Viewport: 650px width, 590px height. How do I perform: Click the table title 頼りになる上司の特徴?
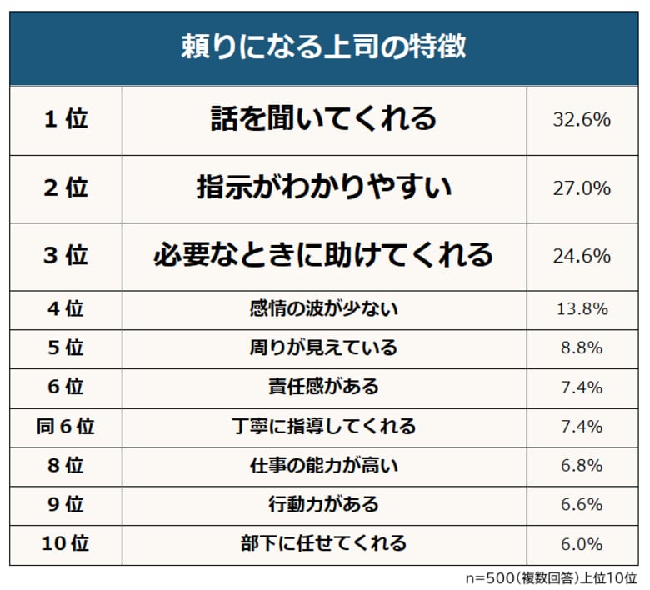(323, 47)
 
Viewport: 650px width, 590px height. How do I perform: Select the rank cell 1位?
(65, 120)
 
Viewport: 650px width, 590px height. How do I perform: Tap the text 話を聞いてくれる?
(323, 119)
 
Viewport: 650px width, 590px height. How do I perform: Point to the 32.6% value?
(582, 120)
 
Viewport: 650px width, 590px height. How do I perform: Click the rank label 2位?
(65, 187)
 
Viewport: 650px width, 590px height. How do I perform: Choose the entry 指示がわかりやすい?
(323, 187)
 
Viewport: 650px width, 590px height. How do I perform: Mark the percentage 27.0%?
(582, 187)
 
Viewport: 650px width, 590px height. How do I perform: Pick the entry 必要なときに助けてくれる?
(323, 254)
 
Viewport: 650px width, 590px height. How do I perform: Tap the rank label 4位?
(65, 308)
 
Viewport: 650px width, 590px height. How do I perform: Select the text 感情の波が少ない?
(323, 308)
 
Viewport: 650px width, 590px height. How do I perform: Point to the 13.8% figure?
(582, 308)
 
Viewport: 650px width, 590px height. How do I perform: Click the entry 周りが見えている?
(323, 347)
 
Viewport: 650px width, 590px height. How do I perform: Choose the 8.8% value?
(582, 347)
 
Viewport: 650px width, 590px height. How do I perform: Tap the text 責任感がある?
(323, 387)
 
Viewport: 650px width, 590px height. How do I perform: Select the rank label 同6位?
(65, 427)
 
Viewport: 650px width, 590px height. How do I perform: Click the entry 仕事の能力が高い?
(323, 465)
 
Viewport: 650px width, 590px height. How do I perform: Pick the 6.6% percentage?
(582, 505)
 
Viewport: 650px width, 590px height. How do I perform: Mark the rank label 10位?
(65, 544)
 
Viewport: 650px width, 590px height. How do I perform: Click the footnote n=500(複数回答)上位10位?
(551, 577)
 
